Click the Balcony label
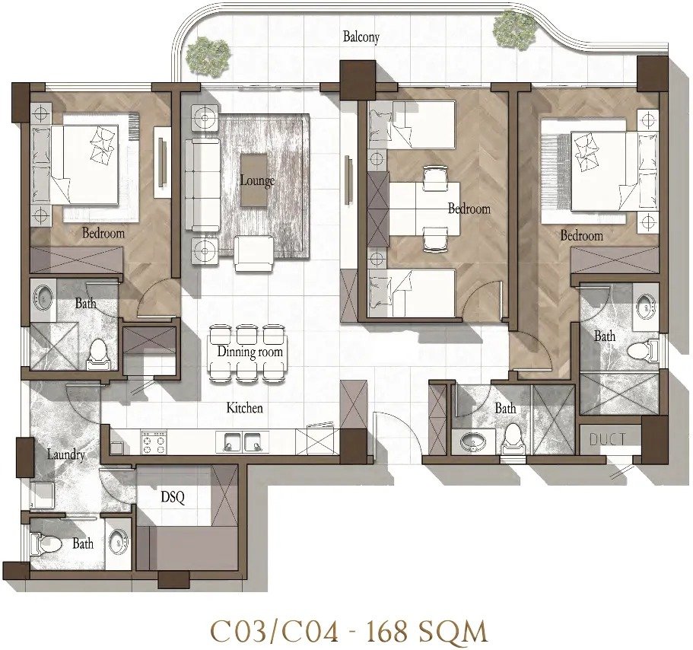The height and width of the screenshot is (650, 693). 361,37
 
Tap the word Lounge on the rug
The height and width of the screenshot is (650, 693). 257,180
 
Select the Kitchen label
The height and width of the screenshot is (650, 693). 244,407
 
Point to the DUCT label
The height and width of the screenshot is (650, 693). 607,439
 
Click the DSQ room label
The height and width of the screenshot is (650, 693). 173,497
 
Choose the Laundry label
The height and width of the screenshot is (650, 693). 66,454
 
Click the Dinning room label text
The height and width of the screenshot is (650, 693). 250,352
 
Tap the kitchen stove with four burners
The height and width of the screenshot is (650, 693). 154,441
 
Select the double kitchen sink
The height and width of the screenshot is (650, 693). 242,441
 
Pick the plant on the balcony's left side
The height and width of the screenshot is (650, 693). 208,55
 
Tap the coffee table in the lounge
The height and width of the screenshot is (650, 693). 254,180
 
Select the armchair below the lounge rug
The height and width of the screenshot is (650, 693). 253,253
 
